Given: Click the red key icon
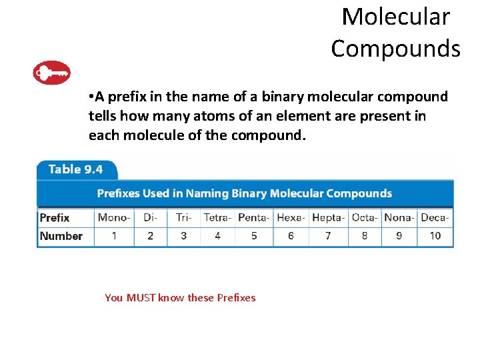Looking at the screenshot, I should [x=51, y=73].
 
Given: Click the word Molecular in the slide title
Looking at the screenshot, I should [x=395, y=17].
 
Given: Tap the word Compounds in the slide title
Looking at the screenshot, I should [x=395, y=48].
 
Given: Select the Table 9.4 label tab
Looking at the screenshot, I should [x=75, y=169].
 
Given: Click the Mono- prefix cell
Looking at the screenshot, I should [x=114, y=217].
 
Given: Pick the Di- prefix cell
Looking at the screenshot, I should [x=150, y=217].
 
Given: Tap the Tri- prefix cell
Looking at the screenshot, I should [x=183, y=217].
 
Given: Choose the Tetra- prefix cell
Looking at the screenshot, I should [x=217, y=217].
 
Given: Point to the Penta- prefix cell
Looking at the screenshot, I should [x=253, y=217].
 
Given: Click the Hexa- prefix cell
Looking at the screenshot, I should [x=291, y=217].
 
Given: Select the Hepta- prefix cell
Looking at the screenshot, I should [x=328, y=217].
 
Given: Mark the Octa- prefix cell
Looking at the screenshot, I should [x=364, y=217].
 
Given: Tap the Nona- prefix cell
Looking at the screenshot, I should [x=399, y=217].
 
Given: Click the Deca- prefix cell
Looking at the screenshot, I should [x=435, y=217].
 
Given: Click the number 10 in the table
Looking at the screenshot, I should [x=435, y=236].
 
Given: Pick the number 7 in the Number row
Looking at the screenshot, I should [x=328, y=236].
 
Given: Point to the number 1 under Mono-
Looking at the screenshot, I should [x=114, y=236].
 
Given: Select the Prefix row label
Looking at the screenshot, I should [x=55, y=217].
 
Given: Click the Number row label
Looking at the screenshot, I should [x=61, y=236].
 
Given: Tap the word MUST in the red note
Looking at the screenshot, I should [x=140, y=298].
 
